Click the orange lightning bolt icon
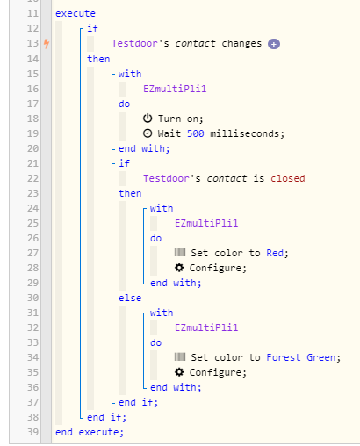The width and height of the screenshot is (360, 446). pos(47,44)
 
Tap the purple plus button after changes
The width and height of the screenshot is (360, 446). pos(274,44)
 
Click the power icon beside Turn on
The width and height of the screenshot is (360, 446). pos(148,119)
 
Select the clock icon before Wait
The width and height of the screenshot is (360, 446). pos(148,133)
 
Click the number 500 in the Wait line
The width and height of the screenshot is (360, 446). pos(195,133)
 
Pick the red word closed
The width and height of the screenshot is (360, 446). pos(288,178)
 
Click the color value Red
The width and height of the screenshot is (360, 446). pos(275,253)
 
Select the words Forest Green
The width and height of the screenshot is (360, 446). pos(301,357)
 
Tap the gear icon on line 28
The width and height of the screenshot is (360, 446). pos(179,268)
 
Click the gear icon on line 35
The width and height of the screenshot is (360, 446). pos(179,372)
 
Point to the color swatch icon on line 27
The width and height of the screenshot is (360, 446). pos(180,252)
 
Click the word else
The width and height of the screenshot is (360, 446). pos(130,298)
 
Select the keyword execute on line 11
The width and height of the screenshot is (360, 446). pos(76,13)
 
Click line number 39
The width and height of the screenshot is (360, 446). pos(32,432)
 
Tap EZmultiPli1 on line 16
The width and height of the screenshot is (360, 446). pos(175,89)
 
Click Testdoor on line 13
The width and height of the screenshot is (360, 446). pos(134,43)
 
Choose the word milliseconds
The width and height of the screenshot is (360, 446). pos(245,133)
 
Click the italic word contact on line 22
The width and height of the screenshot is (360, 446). pos(227,178)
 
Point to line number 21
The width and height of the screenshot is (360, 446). pos(32,163)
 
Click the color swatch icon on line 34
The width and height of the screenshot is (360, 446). pos(180,356)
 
